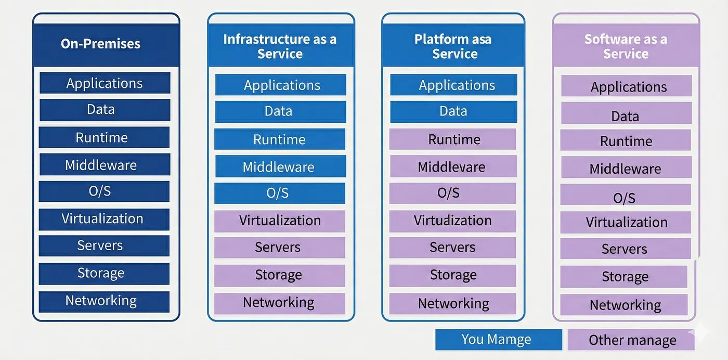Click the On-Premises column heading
pyautogui.click(x=101, y=44)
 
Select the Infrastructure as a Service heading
pyautogui.click(x=280, y=46)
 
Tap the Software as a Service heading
pyautogui.click(x=626, y=46)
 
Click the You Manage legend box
pyautogui.click(x=498, y=340)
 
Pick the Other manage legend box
pyautogui.click(x=631, y=340)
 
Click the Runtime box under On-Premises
pyautogui.click(x=104, y=137)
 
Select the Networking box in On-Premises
pyautogui.click(x=104, y=301)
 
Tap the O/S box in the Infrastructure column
pyautogui.click(x=279, y=193)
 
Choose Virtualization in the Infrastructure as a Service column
pyautogui.click(x=279, y=221)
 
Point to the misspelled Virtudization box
pyautogui.click(x=452, y=221)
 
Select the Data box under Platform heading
pyautogui.click(x=453, y=111)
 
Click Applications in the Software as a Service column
pyautogui.click(x=627, y=86)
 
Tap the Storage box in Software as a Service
pyautogui.click(x=624, y=277)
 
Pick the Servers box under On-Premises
pyautogui.click(x=104, y=246)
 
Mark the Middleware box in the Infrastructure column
pyautogui.click(x=279, y=167)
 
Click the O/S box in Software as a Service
pyautogui.click(x=625, y=198)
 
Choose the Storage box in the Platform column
pyautogui.click(x=452, y=275)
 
